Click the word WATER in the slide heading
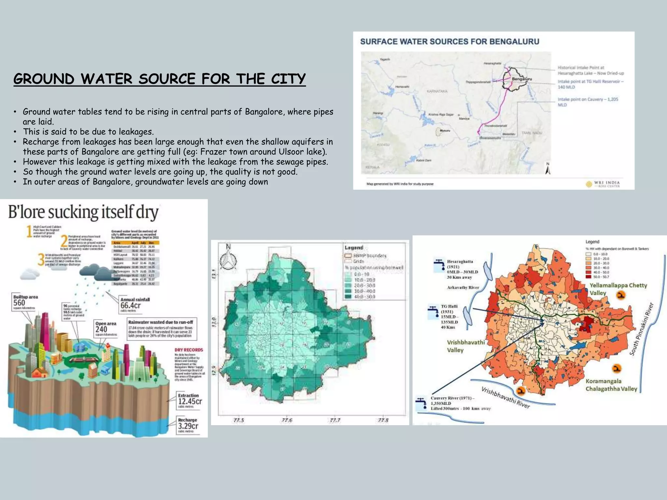tap(106, 79)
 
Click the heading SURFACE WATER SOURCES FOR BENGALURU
tap(449, 42)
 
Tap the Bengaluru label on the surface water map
tap(522, 79)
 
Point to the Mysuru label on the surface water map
tap(445, 131)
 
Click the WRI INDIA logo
tap(603, 184)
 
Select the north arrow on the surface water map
tap(548, 169)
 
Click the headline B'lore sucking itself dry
tap(83, 212)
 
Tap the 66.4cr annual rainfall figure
tap(130, 305)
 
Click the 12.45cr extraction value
tap(190, 401)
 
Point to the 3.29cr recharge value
tap(188, 426)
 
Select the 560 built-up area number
tap(19, 303)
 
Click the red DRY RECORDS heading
tap(189, 350)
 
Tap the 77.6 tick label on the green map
tap(287, 420)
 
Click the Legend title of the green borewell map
tap(354, 248)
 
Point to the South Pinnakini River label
tap(641, 329)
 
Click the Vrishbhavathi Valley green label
tap(465, 346)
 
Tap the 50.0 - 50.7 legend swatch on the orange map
tap(588, 277)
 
